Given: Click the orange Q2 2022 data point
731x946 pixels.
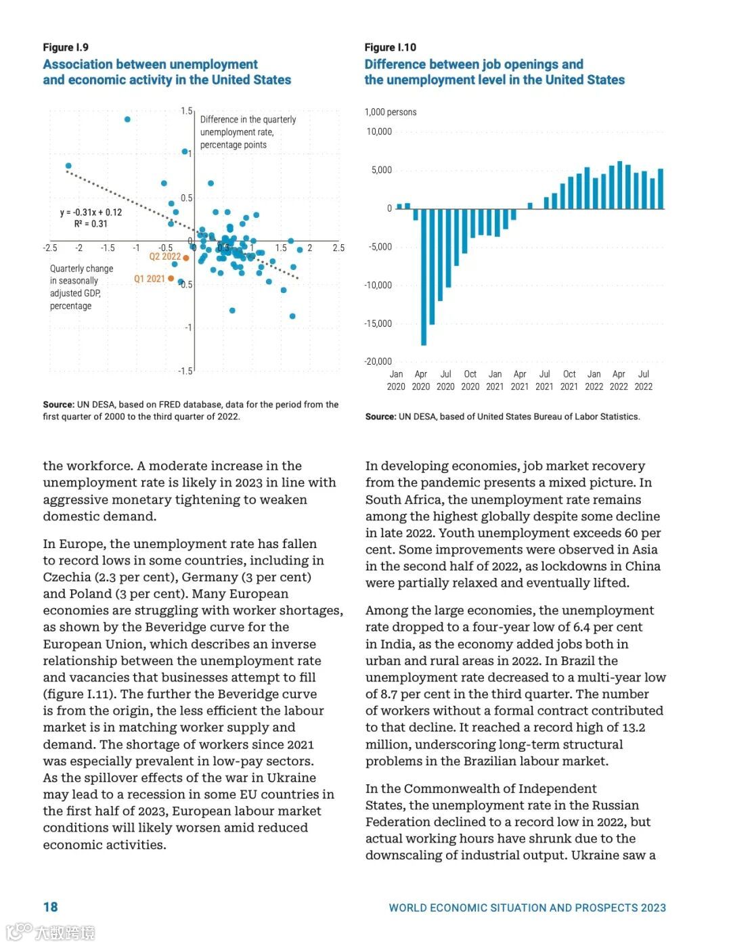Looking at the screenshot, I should (186, 258).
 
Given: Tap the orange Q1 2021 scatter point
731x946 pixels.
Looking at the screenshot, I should (171, 279).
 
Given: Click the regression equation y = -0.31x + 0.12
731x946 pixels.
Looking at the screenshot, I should (91, 212).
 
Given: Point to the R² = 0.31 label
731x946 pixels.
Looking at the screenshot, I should (91, 224).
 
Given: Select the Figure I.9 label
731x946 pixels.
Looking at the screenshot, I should (66, 47).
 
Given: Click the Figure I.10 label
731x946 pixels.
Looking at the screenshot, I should (390, 47).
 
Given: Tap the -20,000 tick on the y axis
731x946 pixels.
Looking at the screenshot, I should (378, 361).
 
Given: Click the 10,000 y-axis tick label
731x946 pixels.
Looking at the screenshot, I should (379, 131).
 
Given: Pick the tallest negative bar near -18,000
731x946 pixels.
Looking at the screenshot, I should (424, 277).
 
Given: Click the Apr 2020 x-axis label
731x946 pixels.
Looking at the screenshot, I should (421, 380).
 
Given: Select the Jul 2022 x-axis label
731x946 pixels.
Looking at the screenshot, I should (644, 380).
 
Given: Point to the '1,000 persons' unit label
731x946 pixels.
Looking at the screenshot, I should (391, 112).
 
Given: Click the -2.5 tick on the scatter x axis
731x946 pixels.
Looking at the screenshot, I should (50, 248).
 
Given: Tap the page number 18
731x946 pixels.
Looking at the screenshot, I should (51, 907).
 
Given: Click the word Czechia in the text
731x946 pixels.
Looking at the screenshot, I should (67, 577).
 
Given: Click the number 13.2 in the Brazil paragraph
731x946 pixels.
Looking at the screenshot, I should (634, 727).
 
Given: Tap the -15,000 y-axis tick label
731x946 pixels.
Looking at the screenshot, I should (378, 323).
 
